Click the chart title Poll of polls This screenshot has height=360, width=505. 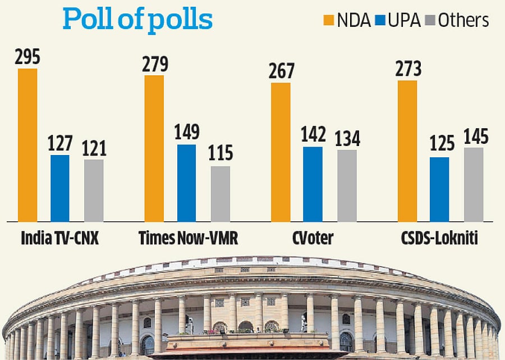coord(137,19)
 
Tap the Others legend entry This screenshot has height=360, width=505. coord(456,20)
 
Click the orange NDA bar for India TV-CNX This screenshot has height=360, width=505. coord(27,145)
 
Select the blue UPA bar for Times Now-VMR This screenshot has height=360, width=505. coord(187,183)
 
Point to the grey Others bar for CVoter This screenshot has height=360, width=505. coord(347,185)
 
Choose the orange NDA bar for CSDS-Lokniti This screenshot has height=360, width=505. coord(407,151)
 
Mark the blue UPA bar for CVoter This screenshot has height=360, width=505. coord(313,184)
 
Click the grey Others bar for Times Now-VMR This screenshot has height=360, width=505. coord(221,194)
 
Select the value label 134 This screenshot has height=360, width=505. coord(347,138)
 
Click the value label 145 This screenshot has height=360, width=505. coord(474,136)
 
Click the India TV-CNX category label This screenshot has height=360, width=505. coord(60,238)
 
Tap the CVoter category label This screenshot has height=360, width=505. coord(313,238)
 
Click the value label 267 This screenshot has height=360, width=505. coord(281,71)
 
